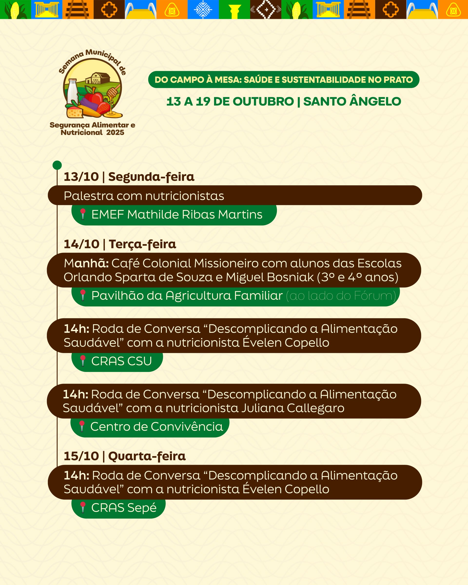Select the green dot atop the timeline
coord(57,165)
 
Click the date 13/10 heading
coord(81,177)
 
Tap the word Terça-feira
coord(142,244)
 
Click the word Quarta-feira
coord(147,456)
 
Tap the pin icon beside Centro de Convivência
coord(82,426)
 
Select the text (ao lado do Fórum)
coord(341,295)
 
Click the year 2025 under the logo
coord(115,132)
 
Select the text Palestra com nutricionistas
coord(144,196)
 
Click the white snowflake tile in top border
coord(203,10)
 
